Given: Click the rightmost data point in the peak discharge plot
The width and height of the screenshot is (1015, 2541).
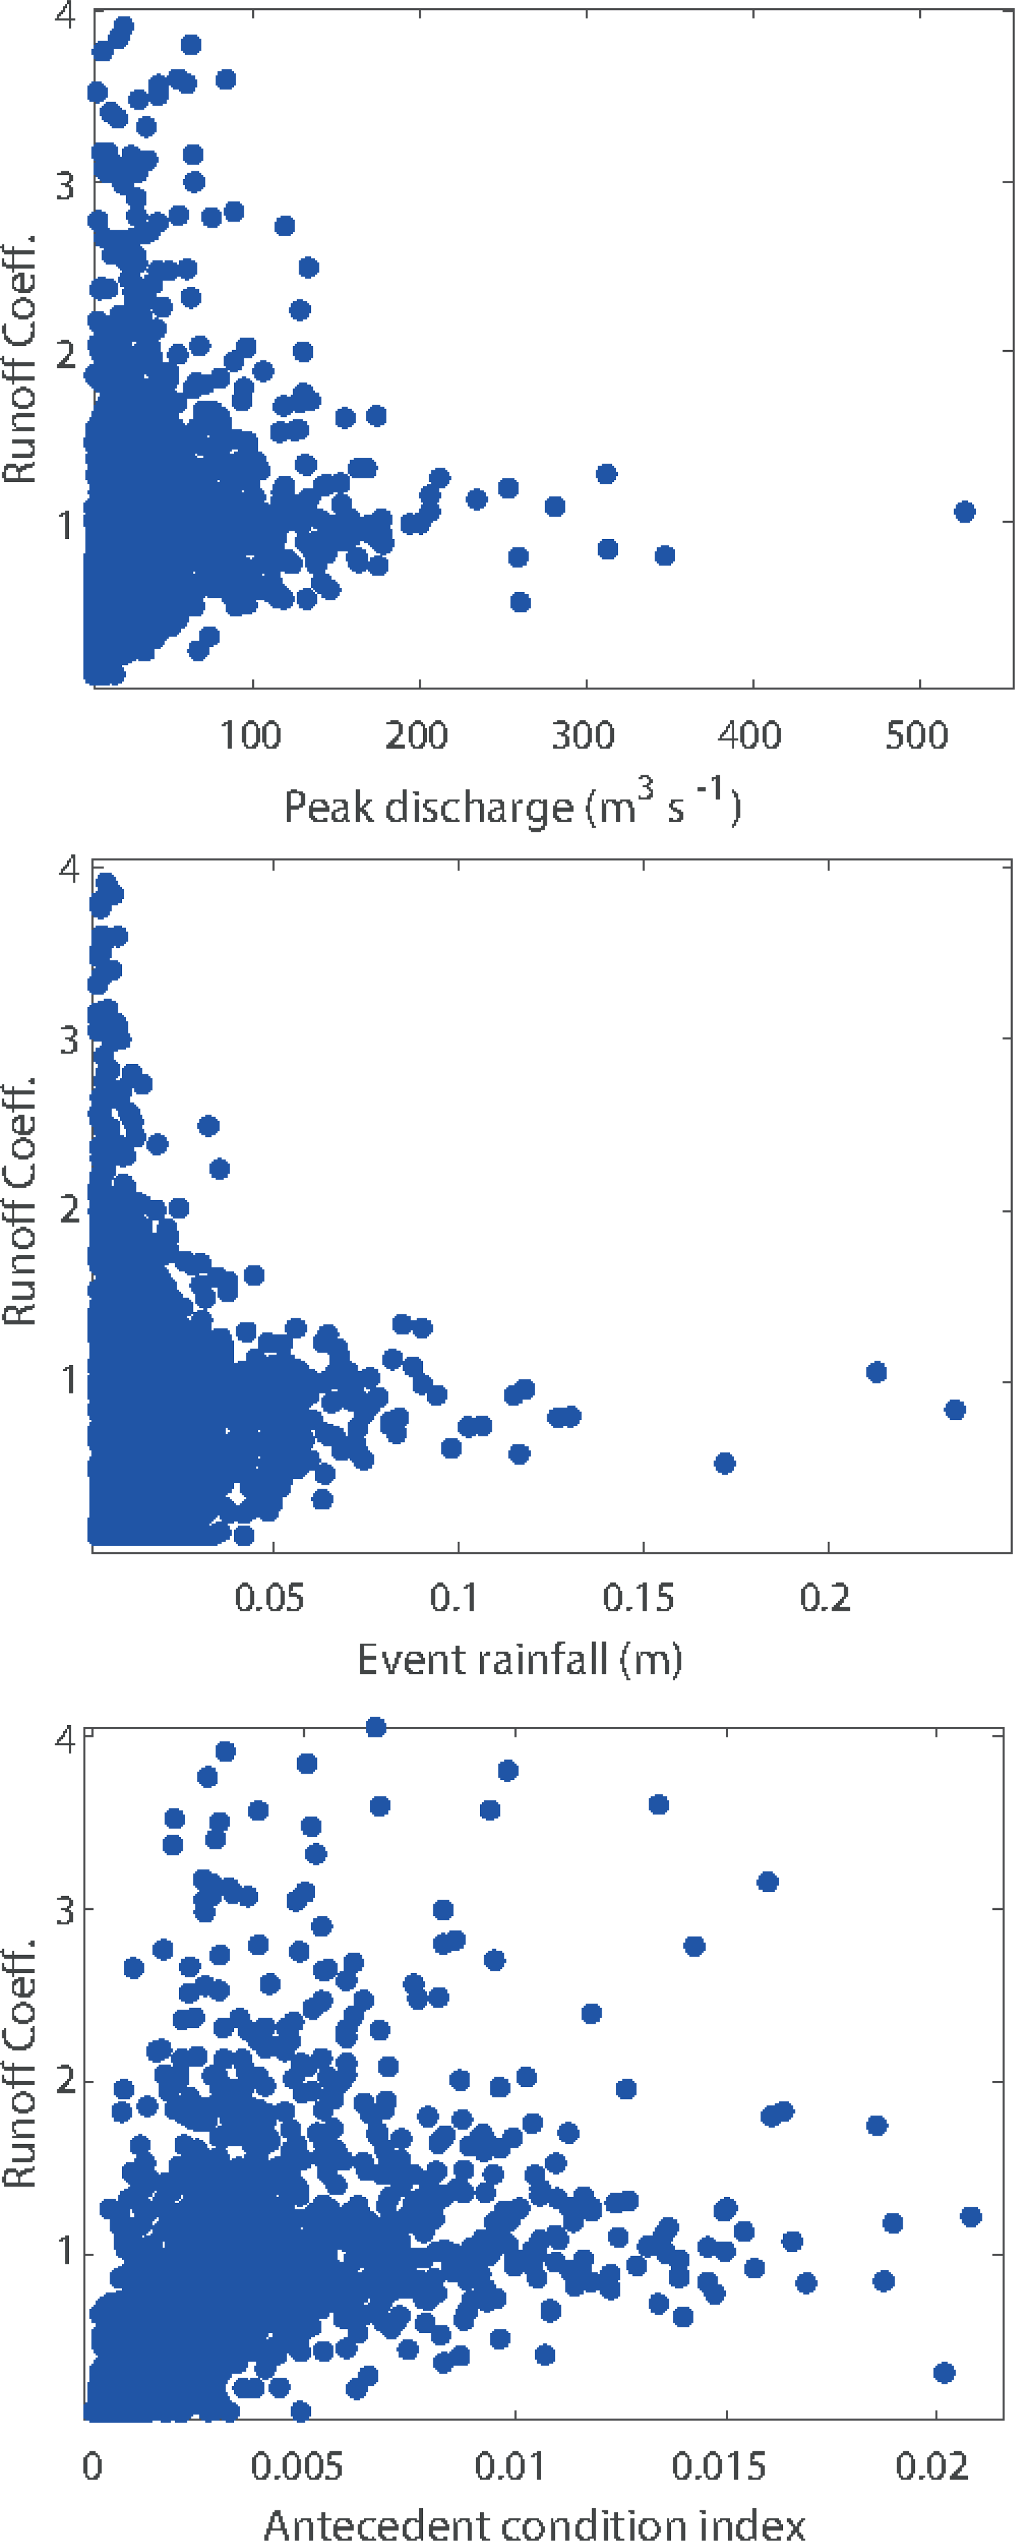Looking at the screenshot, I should [x=965, y=511].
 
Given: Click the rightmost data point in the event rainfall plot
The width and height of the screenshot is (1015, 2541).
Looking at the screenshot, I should [x=954, y=1409].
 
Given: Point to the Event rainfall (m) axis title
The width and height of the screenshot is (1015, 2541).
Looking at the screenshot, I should [x=520, y=1660].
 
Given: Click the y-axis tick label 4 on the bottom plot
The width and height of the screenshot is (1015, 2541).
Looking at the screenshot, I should [x=65, y=1738].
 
